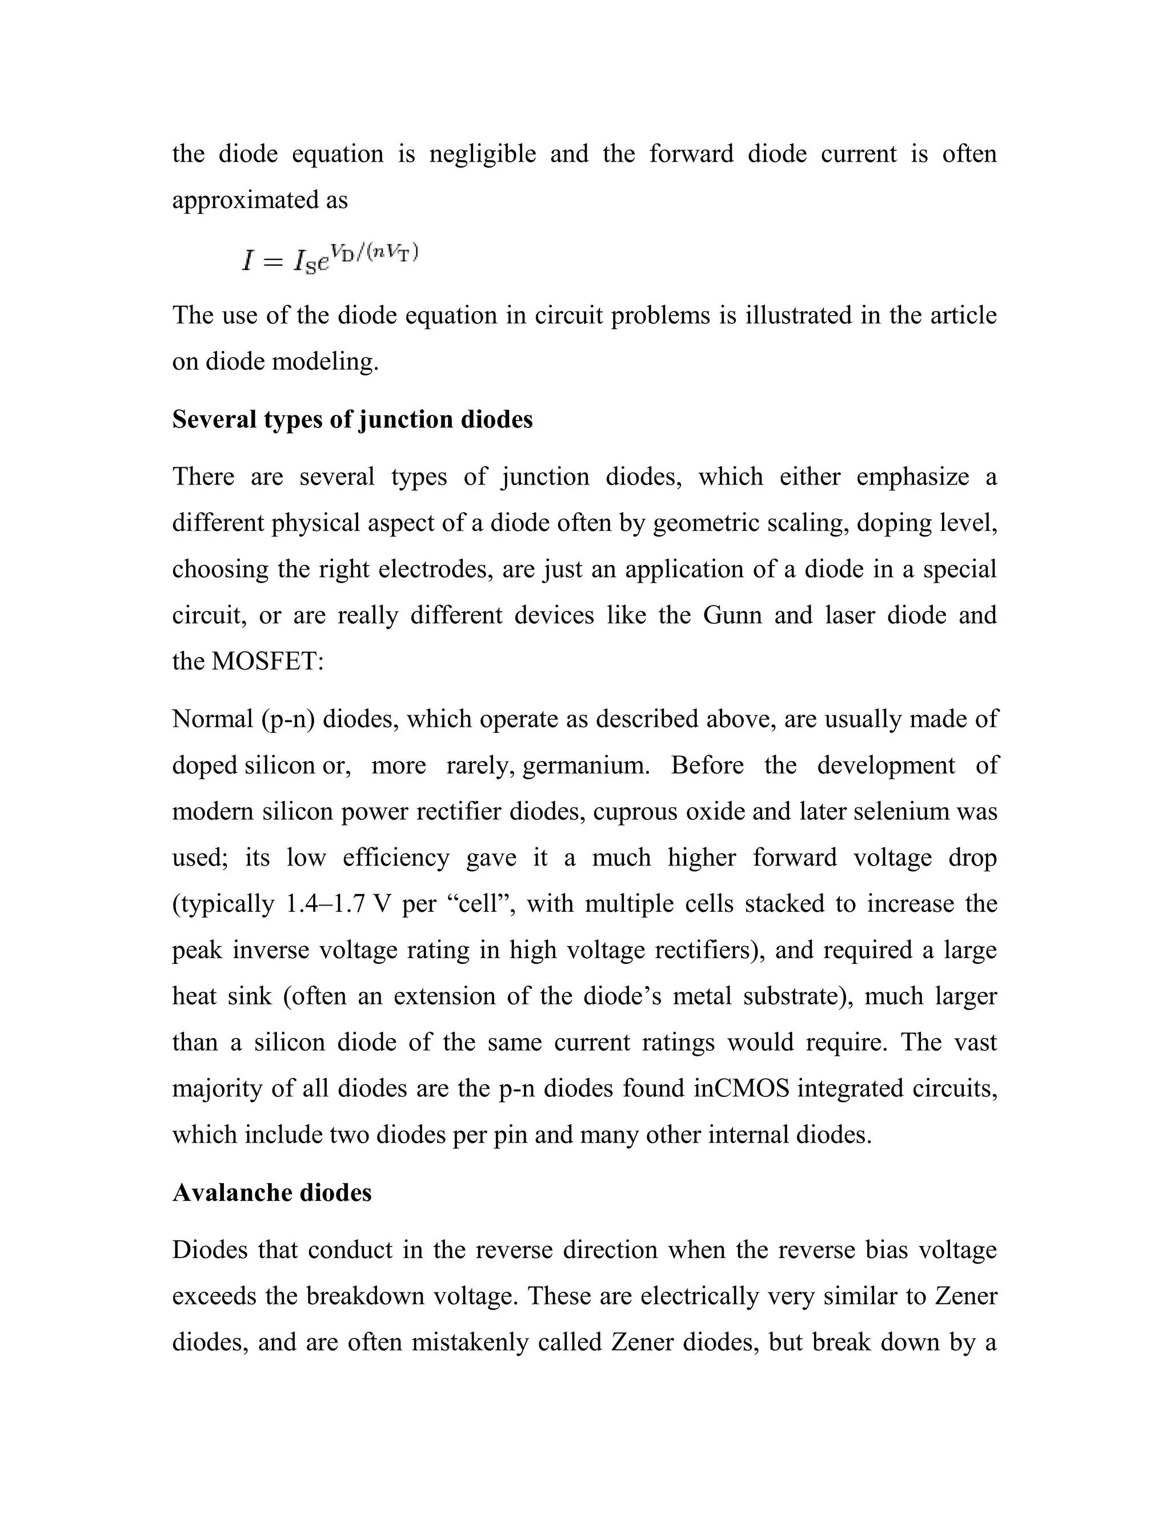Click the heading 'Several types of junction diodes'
352,420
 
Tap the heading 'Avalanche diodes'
272,1192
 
